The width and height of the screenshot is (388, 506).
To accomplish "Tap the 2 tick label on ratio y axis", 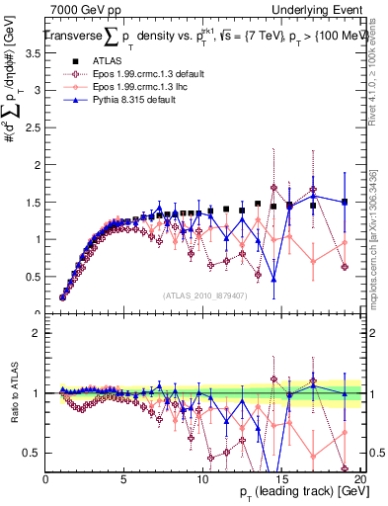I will pos(38,333).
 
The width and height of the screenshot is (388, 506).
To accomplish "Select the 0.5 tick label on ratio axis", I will pos(33,454).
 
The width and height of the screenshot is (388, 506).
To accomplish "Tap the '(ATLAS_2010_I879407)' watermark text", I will pos(204,295).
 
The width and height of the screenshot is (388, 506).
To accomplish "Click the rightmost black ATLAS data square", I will pos(345,202).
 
